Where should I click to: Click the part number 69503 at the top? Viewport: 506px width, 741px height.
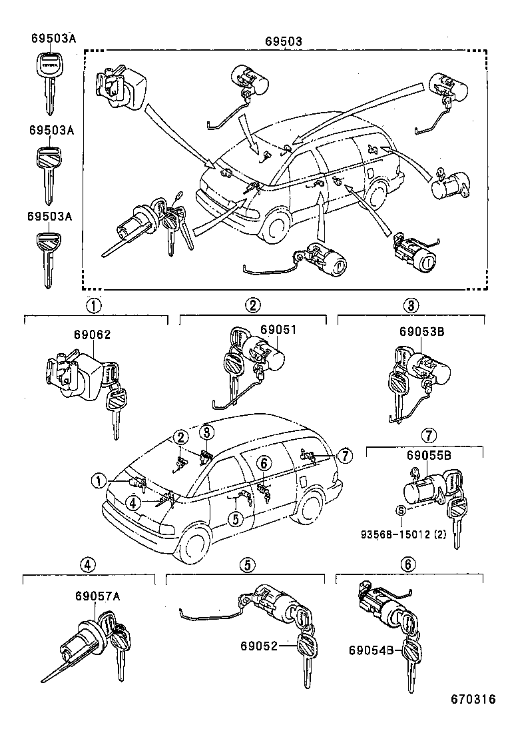284,41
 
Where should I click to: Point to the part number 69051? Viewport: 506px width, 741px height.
278,329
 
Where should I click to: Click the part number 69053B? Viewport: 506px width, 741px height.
421,331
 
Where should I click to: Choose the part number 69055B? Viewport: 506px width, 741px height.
429,455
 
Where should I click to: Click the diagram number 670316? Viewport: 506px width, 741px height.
473,699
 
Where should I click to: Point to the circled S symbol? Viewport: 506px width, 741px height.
400,510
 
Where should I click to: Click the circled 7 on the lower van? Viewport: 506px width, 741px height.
344,456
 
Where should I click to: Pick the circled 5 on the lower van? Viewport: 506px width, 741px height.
235,518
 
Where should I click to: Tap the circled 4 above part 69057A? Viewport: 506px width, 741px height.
87,564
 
